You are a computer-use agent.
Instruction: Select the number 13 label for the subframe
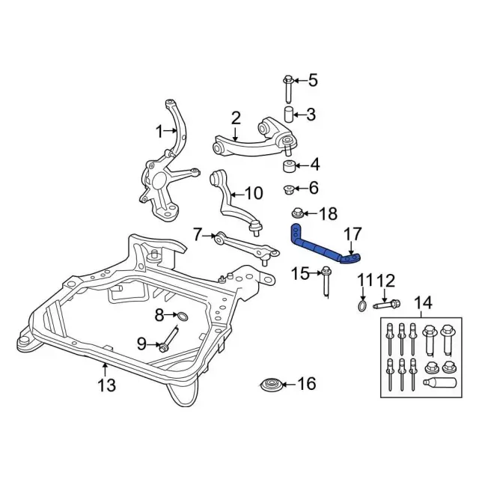pyautogui.click(x=107, y=385)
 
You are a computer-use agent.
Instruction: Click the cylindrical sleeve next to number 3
pyautogui.click(x=287, y=115)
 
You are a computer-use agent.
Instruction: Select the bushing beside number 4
pyautogui.click(x=287, y=165)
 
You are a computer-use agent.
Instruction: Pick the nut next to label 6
pyautogui.click(x=287, y=188)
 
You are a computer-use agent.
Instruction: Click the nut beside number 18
pyautogui.click(x=297, y=214)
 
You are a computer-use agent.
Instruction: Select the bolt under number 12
pyautogui.click(x=386, y=304)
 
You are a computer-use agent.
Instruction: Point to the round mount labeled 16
pyautogui.click(x=272, y=385)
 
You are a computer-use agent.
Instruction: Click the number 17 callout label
pyautogui.click(x=351, y=233)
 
